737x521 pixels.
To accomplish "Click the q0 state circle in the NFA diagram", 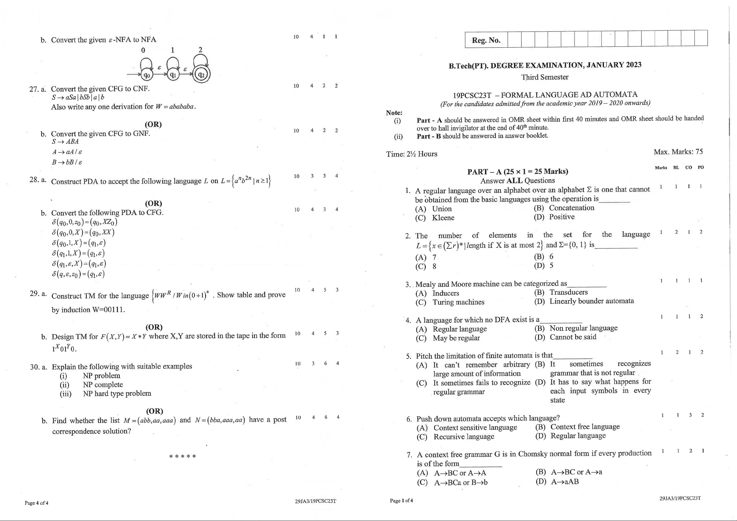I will pyautogui.click(x=146, y=75).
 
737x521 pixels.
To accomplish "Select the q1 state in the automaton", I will pyautogui.click(x=173, y=75).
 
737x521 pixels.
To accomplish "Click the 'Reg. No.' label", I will pyautogui.click(x=486, y=41).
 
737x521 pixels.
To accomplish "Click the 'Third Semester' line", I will pyautogui.click(x=545, y=77).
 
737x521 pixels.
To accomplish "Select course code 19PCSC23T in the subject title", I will pyautogui.click(x=472, y=95).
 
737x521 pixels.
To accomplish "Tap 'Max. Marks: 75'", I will pyautogui.click(x=678, y=152).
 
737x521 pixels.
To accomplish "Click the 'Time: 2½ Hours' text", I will pyautogui.click(x=411, y=154).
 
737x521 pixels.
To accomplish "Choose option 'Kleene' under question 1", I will pyautogui.click(x=443, y=217).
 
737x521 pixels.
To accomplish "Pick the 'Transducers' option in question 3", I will pyautogui.click(x=568, y=292).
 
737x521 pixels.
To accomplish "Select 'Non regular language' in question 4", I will pyautogui.click(x=583, y=328).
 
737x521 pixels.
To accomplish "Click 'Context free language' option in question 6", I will pyautogui.click(x=585, y=427).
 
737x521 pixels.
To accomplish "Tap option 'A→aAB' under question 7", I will pyautogui.click(x=565, y=481).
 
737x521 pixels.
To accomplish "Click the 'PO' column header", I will pyautogui.click(x=701, y=167).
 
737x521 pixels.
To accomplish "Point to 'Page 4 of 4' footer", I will pyautogui.click(x=36, y=503).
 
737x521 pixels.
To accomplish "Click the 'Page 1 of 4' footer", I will pyautogui.click(x=401, y=501).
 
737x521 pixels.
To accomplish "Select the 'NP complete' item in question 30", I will pyautogui.click(x=103, y=385).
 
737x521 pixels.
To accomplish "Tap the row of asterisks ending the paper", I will pyautogui.click(x=182, y=456).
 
